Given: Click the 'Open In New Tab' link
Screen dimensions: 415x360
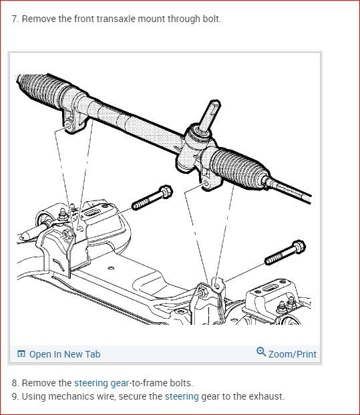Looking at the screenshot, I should tap(64, 354).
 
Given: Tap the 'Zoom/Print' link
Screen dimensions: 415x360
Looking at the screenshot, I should tap(292, 354).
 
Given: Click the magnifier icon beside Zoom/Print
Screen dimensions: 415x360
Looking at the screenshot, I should tap(261, 352).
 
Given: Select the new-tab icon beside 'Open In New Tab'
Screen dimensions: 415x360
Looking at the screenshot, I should tap(21, 354).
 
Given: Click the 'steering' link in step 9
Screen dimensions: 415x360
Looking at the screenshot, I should tap(182, 396).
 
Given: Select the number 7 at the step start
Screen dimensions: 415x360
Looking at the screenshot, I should tap(15, 19).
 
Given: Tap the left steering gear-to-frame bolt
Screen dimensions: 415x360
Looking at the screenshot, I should tap(152, 197).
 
